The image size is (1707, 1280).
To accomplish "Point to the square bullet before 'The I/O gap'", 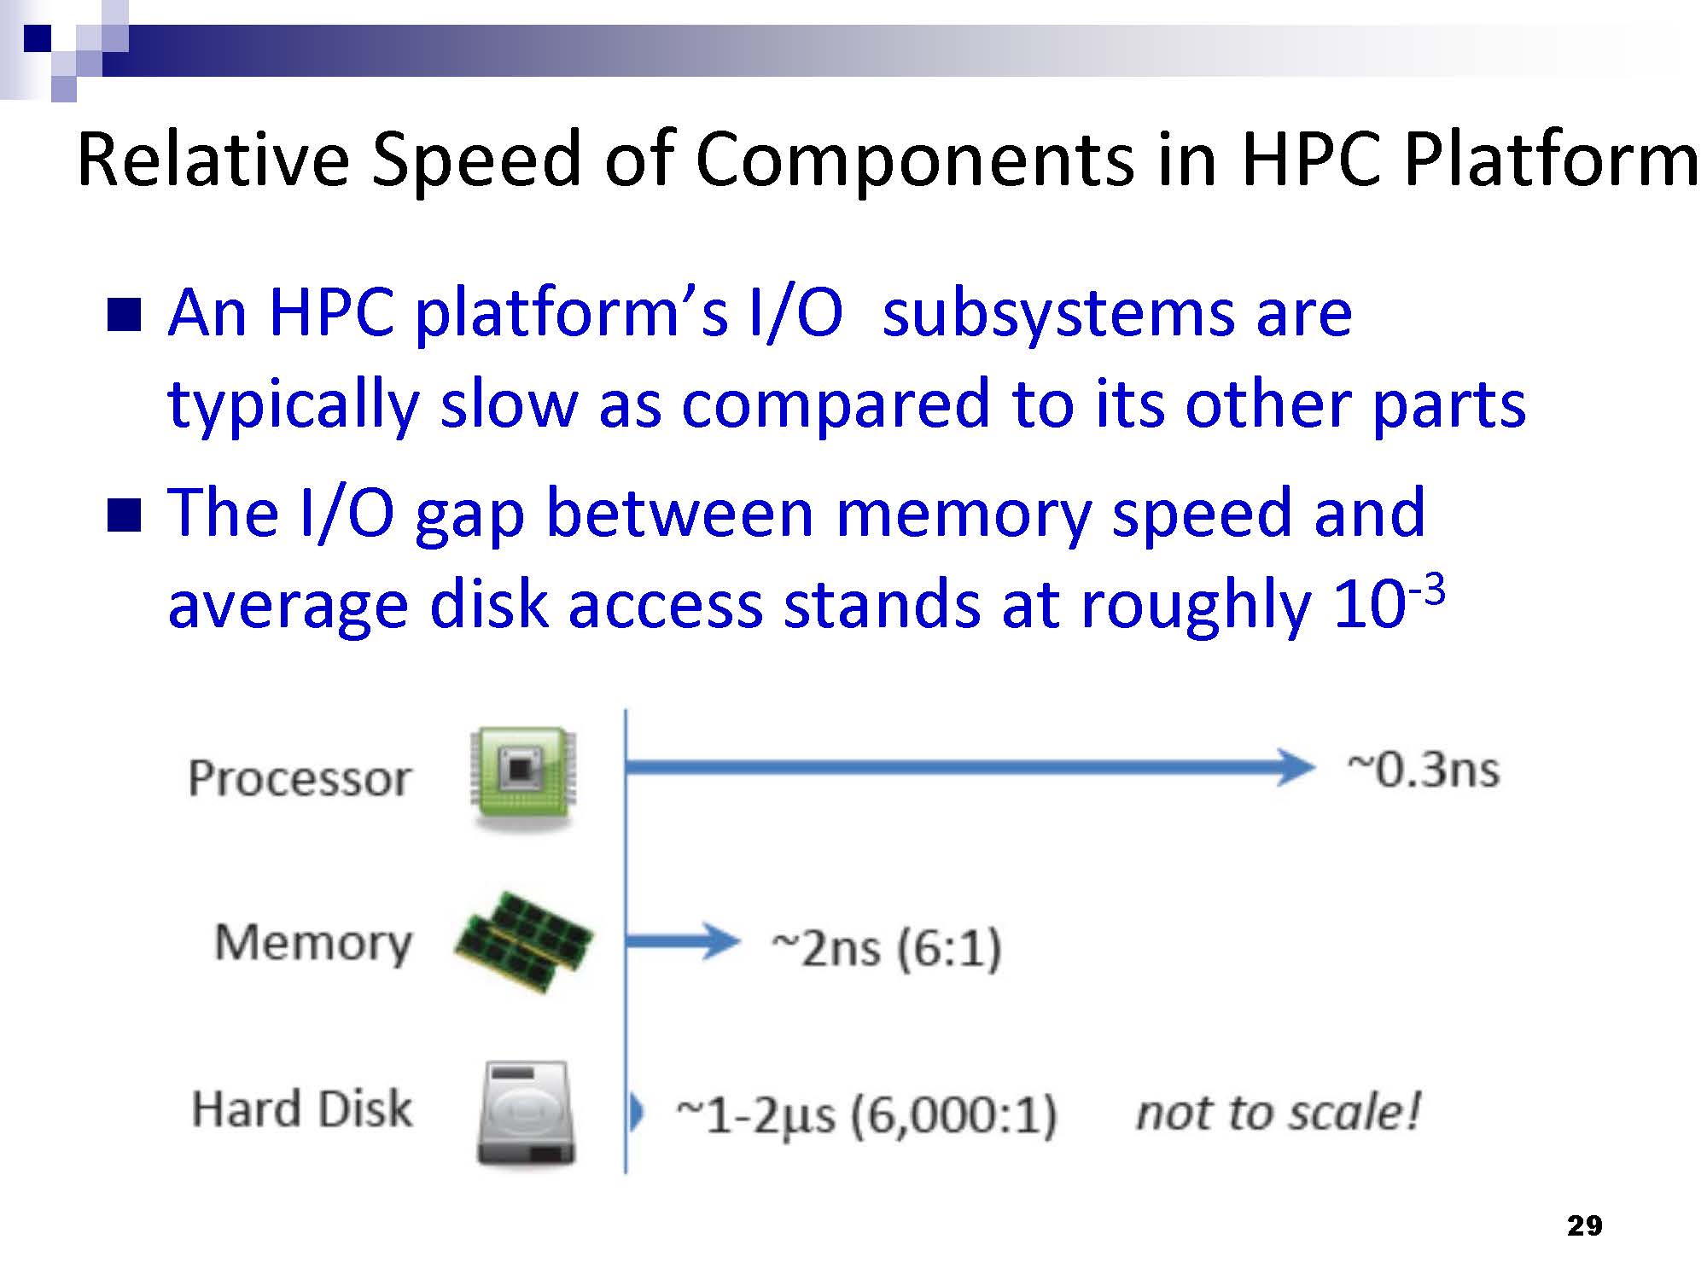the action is pos(124,515).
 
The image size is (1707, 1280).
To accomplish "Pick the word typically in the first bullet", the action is pos(293,405).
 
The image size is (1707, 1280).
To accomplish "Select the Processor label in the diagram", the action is pos(300,778).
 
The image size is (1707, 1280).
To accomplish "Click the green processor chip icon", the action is pos(523,777).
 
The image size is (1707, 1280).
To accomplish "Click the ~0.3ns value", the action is pos(1424,770).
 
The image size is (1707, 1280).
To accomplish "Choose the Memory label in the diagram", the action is pos(313,943).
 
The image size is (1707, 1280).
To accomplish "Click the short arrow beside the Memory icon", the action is pos(683,941).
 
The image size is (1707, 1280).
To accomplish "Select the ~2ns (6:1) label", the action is pos(886,949).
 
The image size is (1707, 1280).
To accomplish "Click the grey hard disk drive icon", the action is pos(526,1113).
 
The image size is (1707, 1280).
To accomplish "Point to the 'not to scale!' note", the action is pos(1278,1112).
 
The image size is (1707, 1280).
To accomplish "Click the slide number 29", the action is pos(1585,1226).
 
